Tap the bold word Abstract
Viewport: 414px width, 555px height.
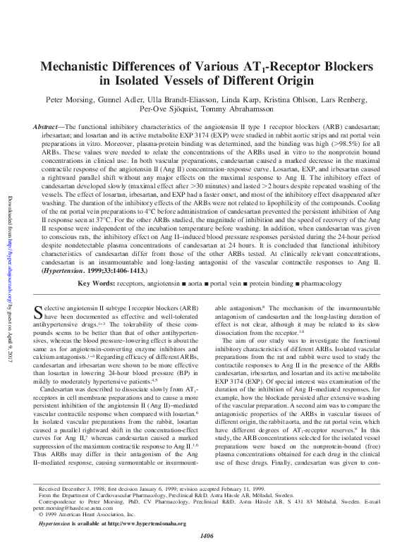click(54, 127)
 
